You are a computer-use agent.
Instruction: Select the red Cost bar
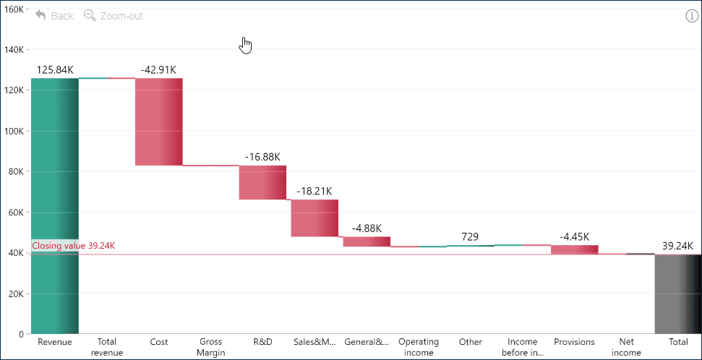coord(159,121)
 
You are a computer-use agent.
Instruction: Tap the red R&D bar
coord(262,182)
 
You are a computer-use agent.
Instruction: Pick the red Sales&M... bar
coord(314,218)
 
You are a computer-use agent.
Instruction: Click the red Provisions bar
coord(575,249)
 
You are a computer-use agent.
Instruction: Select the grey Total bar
coord(678,293)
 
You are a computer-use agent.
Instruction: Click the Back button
coord(54,15)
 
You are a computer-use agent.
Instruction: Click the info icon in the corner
coord(692,16)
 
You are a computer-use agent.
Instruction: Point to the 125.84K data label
coord(55,70)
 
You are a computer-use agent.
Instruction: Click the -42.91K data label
coord(159,70)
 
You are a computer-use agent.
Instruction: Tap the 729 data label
coord(471,237)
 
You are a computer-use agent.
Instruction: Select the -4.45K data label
coord(575,236)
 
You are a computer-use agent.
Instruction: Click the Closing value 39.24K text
coord(73,246)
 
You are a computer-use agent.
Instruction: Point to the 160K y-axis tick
coord(14,9)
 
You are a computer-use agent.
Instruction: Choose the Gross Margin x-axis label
coord(211,347)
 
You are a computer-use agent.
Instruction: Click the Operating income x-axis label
coord(419,347)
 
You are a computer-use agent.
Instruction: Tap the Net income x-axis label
coord(626,347)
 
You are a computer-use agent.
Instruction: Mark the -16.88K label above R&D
coord(262,157)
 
